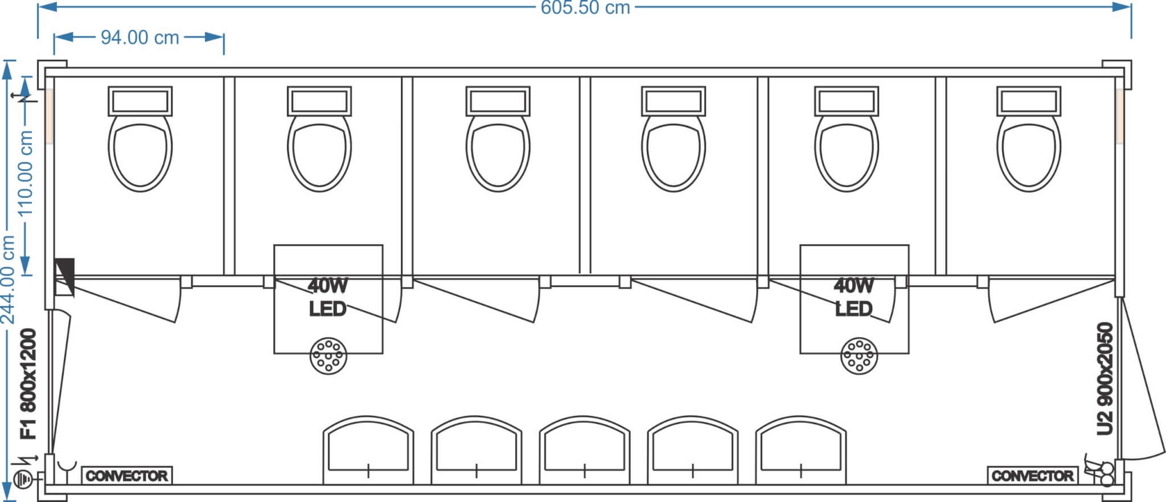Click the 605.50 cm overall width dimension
[x=585, y=8]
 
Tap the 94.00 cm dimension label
[x=139, y=38]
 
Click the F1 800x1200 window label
[x=28, y=384]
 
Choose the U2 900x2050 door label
[x=1105, y=378]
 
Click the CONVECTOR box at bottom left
[x=127, y=476]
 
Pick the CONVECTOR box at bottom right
[x=1032, y=476]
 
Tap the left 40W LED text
[x=327, y=297]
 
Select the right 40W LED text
[x=853, y=297]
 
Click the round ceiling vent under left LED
[x=328, y=356]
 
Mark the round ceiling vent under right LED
[x=859, y=356]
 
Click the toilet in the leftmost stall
[x=140, y=151]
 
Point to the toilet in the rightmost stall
[x=1028, y=151]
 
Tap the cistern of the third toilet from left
[x=498, y=101]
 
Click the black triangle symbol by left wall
[x=64, y=270]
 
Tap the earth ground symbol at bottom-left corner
[x=23, y=479]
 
